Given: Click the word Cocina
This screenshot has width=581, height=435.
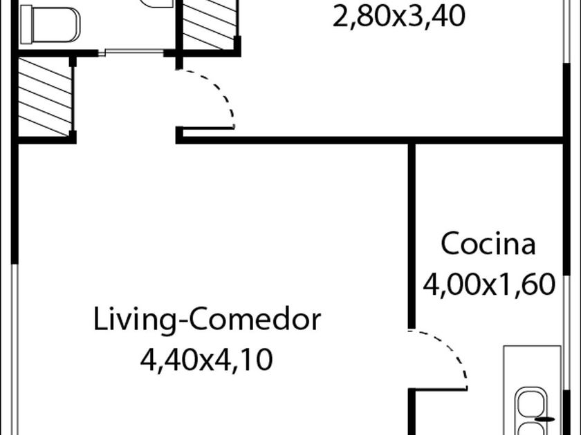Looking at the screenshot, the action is click(x=488, y=244).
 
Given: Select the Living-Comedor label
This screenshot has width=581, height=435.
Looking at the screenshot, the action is click(x=207, y=320).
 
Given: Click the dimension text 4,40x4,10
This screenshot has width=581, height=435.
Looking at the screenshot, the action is click(x=207, y=359).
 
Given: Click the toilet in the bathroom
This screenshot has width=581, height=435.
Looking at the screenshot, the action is click(x=50, y=25).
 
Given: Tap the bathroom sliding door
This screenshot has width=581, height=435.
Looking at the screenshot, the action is click(x=134, y=52).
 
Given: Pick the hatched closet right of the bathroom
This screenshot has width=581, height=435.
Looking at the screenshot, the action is click(x=210, y=23).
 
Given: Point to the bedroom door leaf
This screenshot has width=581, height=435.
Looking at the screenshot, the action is click(x=207, y=128).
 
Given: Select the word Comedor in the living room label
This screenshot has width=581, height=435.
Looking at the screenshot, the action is click(x=256, y=320).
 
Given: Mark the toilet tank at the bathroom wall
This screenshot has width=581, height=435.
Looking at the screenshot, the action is click(x=26, y=25).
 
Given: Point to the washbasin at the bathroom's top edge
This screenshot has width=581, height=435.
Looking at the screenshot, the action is click(x=158, y=3).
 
